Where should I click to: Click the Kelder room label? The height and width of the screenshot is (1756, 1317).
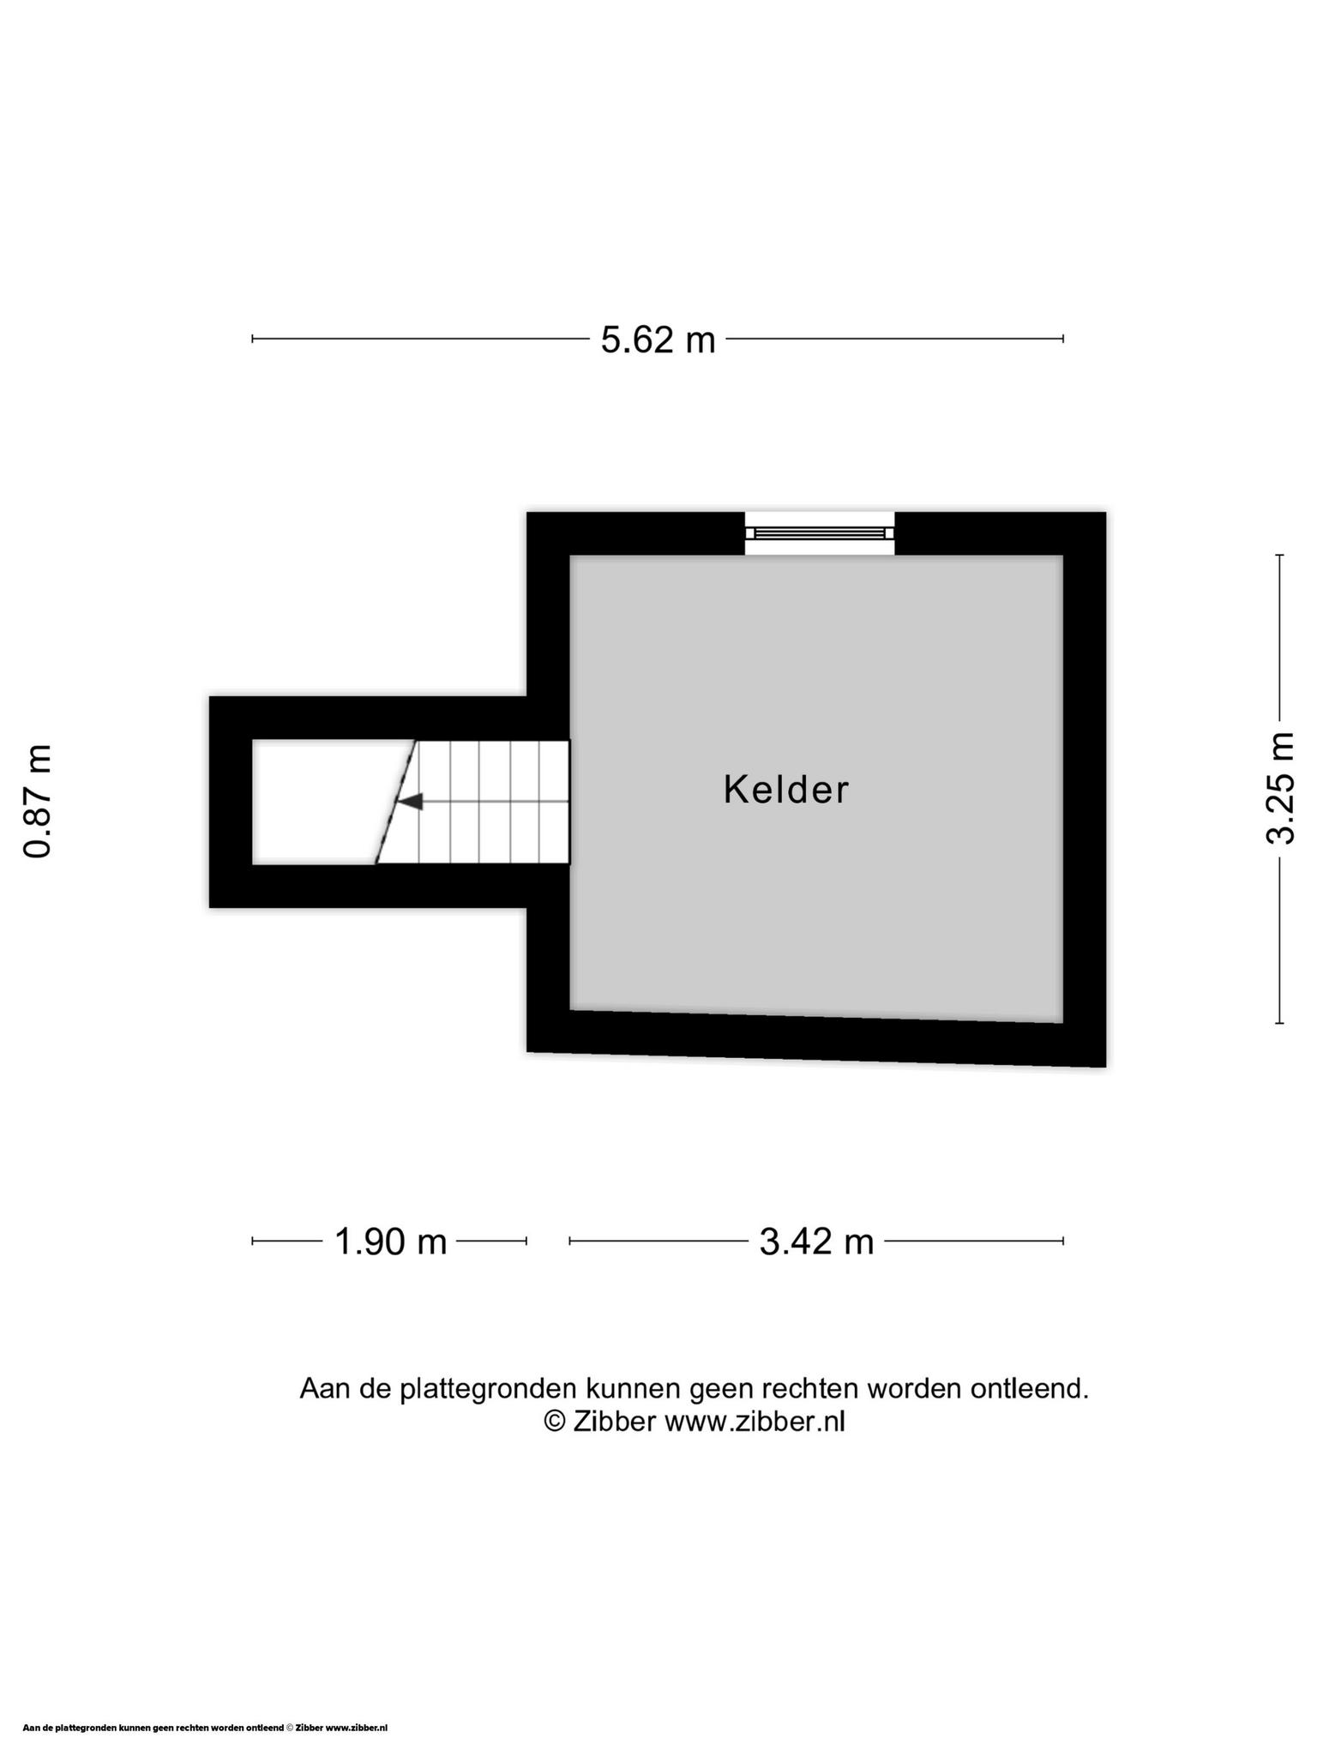point(785,790)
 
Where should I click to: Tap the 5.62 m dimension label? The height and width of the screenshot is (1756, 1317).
point(658,340)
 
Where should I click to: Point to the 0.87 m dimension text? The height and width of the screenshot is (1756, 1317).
point(38,802)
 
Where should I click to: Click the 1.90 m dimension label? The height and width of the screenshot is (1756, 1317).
point(390,1241)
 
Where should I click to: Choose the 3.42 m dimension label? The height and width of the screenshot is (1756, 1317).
point(816,1241)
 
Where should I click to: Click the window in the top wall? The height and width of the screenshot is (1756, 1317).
point(820,533)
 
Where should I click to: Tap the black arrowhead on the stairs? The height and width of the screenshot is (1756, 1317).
point(412,802)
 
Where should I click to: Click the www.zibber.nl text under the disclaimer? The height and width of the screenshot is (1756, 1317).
point(755,1422)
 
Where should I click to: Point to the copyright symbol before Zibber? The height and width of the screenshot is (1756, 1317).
point(556,1422)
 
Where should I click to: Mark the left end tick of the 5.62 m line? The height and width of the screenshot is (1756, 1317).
point(252,339)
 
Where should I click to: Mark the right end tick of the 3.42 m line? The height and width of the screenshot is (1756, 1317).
point(1063,1240)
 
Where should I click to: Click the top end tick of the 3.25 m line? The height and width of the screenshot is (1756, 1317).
point(1279,556)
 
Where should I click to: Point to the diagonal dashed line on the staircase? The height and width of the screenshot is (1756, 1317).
point(396,802)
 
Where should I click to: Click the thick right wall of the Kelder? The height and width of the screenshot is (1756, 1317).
point(1085,789)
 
